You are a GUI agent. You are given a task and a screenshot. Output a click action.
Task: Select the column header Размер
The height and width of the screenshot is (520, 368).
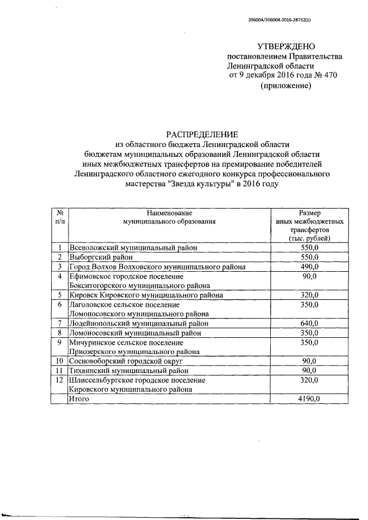(x=309, y=213)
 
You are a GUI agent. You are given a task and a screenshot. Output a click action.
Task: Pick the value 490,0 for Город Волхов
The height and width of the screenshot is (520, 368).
(x=309, y=267)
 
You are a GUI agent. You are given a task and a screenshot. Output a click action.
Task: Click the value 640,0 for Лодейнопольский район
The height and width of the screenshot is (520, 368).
(x=309, y=323)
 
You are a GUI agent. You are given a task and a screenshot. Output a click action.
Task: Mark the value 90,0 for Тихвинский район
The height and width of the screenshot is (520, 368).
(x=309, y=371)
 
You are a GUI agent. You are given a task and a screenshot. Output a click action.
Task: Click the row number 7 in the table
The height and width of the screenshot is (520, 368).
(x=59, y=323)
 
